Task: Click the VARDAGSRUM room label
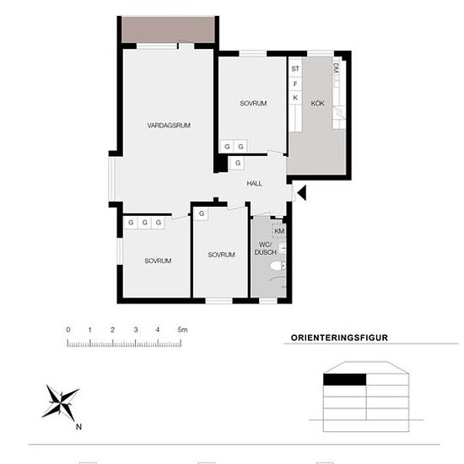click(x=169, y=126)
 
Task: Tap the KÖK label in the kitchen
click(x=317, y=103)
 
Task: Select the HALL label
click(x=254, y=183)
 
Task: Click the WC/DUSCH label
click(x=266, y=249)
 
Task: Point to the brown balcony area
click(x=168, y=30)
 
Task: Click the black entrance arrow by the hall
click(x=302, y=192)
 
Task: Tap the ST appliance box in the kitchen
click(x=295, y=68)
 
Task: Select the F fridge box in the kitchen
click(x=295, y=84)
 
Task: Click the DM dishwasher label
click(x=336, y=68)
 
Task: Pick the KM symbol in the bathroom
click(x=279, y=231)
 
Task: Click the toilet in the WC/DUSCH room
click(x=278, y=266)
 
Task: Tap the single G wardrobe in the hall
click(x=238, y=163)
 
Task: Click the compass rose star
click(x=61, y=402)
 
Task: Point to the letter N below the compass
click(x=78, y=427)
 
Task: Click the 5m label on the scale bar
click(x=182, y=329)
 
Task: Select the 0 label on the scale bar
click(x=68, y=329)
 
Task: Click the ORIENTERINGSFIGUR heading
click(x=339, y=337)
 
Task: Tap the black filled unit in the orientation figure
click(x=345, y=380)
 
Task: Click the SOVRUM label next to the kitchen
click(x=253, y=103)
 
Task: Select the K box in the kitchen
click(x=295, y=97)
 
